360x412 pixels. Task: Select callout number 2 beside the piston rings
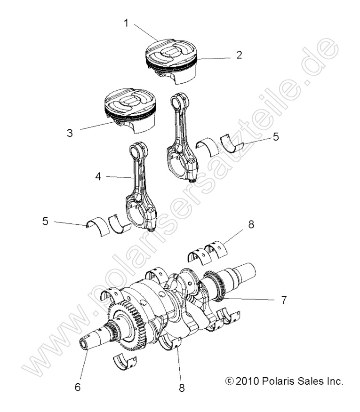pos(239,55)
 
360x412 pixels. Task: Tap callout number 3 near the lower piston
pos(70,133)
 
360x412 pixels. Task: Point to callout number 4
pos(98,177)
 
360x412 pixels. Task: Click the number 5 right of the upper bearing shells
pos(276,137)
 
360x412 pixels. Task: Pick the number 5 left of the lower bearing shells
pos(45,221)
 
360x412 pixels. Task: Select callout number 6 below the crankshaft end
pos(78,387)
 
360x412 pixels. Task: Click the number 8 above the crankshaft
pos(251,225)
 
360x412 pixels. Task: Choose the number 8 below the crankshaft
pos(182,388)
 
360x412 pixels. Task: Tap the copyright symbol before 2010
pos(229,380)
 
